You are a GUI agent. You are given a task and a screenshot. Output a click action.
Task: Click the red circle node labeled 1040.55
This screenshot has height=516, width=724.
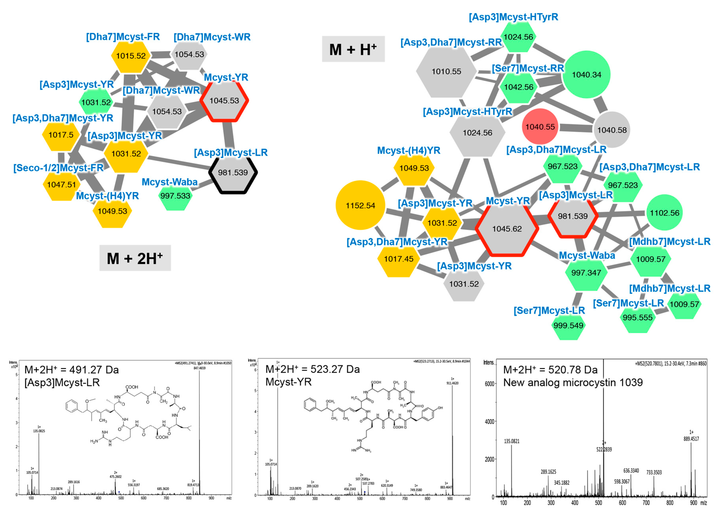click(x=540, y=127)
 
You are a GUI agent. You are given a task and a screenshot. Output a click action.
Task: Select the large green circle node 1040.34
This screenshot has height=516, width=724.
click(x=586, y=75)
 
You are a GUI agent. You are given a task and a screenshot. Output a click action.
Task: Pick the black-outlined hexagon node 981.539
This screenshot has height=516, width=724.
click(x=233, y=173)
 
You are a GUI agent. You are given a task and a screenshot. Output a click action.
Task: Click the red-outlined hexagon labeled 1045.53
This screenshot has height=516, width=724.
click(x=224, y=101)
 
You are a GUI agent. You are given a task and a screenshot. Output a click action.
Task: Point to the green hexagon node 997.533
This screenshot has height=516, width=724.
click(x=175, y=196)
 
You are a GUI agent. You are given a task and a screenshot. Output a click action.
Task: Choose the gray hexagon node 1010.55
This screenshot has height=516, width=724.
click(x=446, y=72)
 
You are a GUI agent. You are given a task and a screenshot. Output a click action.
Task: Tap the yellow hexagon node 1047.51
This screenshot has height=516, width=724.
click(x=62, y=185)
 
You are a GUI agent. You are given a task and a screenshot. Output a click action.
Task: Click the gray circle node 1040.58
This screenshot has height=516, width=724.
click(x=612, y=130)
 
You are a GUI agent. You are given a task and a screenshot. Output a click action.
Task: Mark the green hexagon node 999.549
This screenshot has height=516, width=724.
click(x=568, y=325)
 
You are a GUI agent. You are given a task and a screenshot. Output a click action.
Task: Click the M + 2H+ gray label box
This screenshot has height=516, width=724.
click(x=135, y=258)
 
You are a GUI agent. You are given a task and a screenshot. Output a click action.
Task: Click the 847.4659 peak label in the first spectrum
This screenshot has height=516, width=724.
click(x=199, y=368)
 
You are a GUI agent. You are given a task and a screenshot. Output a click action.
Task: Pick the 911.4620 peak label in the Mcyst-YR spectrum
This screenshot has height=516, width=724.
click(x=452, y=383)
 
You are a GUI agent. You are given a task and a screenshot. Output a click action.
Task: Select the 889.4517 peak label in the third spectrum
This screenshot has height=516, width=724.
click(x=691, y=439)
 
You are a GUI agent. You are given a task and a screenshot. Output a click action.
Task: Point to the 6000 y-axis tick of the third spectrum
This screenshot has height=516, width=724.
click(x=490, y=384)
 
